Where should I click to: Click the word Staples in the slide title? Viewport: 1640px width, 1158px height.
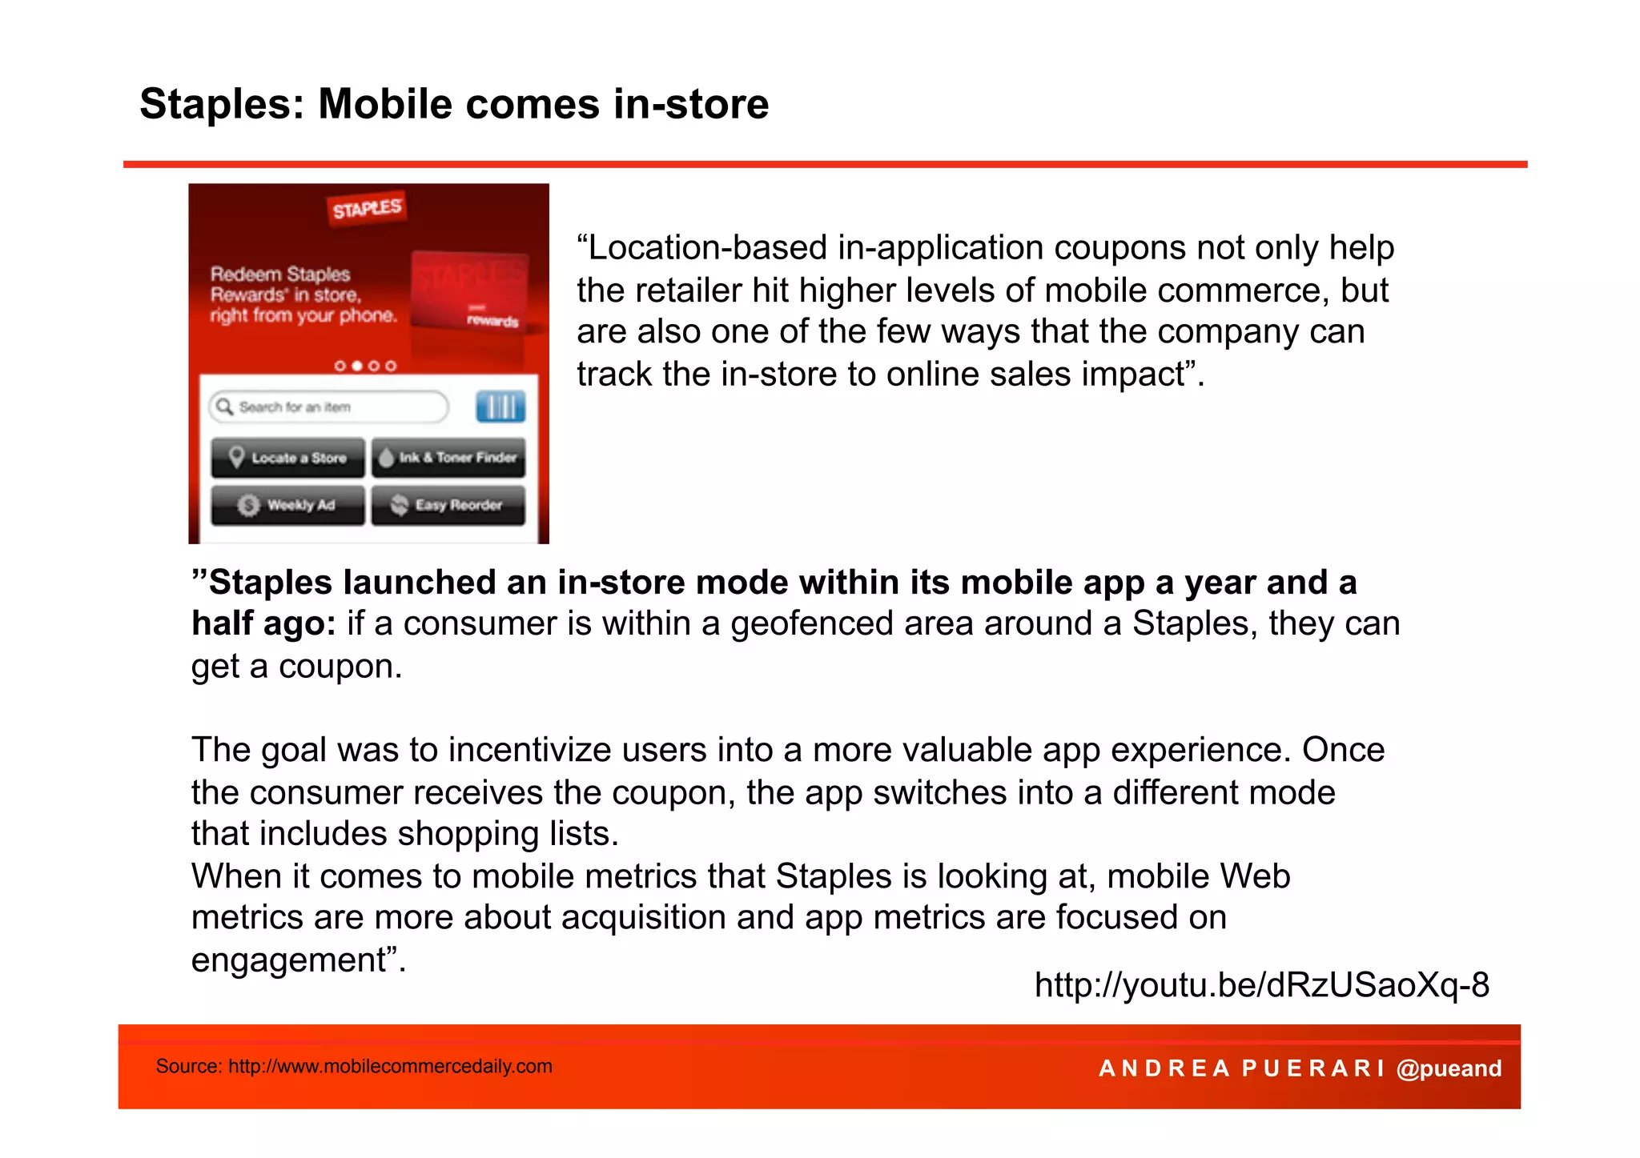pyautogui.click(x=215, y=105)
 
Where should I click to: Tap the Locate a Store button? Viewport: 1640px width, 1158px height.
pyautogui.click(x=288, y=458)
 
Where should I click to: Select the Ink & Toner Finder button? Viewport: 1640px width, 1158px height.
pyautogui.click(x=448, y=458)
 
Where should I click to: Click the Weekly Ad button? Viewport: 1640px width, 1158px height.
pyautogui.click(x=288, y=505)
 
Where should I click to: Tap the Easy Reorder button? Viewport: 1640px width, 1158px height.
pyautogui.click(x=448, y=505)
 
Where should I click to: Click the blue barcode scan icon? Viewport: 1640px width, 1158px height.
pyautogui.click(x=500, y=407)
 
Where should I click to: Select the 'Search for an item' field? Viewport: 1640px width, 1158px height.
pyautogui.click(x=329, y=407)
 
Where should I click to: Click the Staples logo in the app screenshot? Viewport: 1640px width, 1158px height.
pyautogui.click(x=367, y=209)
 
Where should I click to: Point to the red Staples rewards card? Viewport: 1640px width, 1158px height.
pyautogui.click(x=469, y=291)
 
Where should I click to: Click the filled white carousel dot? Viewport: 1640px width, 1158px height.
pyautogui.click(x=357, y=366)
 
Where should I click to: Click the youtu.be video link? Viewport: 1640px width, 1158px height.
pyautogui.click(x=1261, y=985)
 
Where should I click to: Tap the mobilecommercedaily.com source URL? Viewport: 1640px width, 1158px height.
pyautogui.click(x=390, y=1067)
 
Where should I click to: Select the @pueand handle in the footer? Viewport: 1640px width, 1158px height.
pyautogui.click(x=1449, y=1068)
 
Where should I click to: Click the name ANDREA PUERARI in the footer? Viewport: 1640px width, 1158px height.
pyautogui.click(x=1241, y=1068)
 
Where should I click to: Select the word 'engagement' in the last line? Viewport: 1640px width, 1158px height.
pyautogui.click(x=288, y=960)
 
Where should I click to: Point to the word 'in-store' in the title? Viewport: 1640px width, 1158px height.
pyautogui.click(x=691, y=105)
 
